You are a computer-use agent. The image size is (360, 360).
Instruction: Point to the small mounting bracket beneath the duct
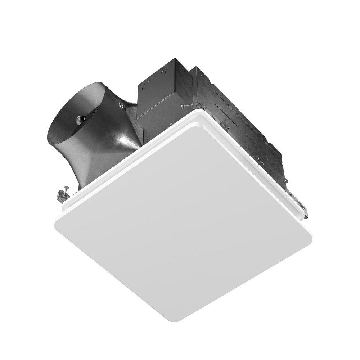click(x=63, y=196)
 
